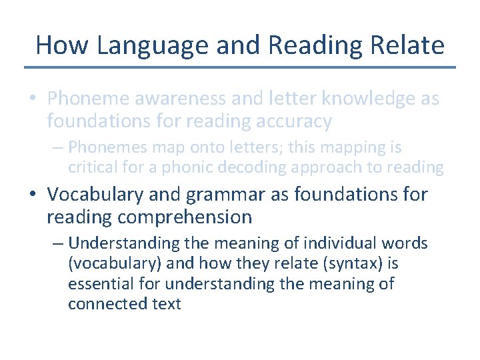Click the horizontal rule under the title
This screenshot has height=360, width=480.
point(240,67)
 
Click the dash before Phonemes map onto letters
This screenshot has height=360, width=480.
point(57,147)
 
